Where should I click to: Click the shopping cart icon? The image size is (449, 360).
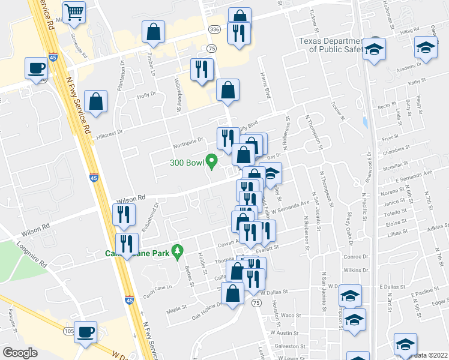74,11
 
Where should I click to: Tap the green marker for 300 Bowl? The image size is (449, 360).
211,161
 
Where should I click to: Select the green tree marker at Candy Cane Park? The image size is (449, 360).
176,251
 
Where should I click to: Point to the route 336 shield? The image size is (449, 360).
214,29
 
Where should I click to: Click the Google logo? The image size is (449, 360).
20,353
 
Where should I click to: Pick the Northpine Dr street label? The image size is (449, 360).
187,142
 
